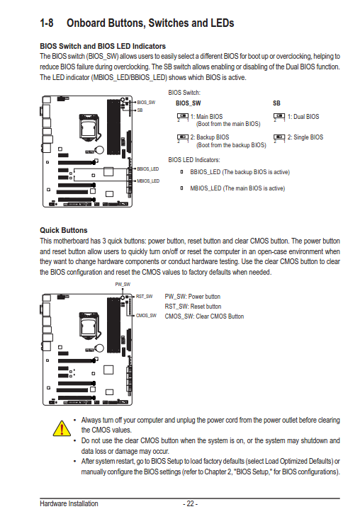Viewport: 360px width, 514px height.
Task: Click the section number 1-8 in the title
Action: point(46,23)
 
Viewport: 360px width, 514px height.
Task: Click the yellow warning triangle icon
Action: point(62,428)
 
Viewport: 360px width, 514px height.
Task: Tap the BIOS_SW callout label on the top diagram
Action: point(146,102)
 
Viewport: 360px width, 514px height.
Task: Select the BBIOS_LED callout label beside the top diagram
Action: point(147,169)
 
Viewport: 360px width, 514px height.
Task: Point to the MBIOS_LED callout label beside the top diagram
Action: point(148,181)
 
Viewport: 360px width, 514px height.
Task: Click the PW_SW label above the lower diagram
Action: point(123,284)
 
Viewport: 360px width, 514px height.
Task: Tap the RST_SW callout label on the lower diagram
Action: point(145,297)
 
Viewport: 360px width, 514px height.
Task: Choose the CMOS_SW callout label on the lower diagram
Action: point(146,315)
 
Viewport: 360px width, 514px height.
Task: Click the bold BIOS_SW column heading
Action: point(188,103)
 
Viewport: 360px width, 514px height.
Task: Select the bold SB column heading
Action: point(276,103)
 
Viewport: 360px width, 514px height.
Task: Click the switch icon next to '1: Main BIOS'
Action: point(182,117)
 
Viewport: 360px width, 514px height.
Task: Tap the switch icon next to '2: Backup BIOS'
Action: point(182,138)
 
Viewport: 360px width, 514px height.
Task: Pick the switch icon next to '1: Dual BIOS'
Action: point(279,117)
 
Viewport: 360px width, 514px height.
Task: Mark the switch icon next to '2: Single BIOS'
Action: point(279,138)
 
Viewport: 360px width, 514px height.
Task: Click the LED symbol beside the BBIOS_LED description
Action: point(182,172)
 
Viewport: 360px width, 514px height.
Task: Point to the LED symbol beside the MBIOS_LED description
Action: point(182,188)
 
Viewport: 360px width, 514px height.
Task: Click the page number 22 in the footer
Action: point(190,503)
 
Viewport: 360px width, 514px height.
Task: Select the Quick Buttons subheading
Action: point(64,230)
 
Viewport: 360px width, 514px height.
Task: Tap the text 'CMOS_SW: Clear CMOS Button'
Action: point(204,316)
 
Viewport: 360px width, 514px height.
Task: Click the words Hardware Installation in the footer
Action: point(69,503)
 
